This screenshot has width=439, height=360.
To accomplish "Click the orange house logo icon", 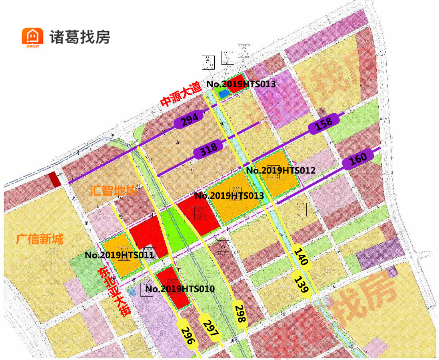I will (x=32, y=38).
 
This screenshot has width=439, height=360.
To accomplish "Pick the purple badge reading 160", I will (x=358, y=159).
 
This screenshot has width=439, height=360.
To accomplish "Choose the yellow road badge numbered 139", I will (x=303, y=284).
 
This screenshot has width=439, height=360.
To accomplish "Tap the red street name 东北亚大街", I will (x=115, y=292).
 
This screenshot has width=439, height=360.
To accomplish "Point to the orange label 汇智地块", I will (x=114, y=190).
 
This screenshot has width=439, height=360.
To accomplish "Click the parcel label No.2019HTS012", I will (x=281, y=170).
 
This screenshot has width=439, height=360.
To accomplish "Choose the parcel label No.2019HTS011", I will (x=119, y=255).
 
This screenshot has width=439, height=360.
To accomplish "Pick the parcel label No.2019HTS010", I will (x=180, y=289).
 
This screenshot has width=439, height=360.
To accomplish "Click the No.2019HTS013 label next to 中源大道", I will (x=241, y=84).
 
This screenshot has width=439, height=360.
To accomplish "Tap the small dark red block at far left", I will (x=54, y=180).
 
